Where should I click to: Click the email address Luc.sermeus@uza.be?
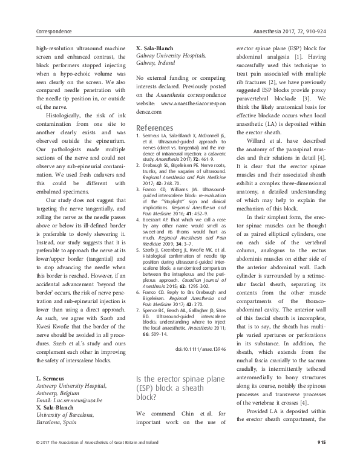pyautogui.click(x=63, y=401)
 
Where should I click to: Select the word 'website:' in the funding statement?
pyautogui.click(x=148, y=103)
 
